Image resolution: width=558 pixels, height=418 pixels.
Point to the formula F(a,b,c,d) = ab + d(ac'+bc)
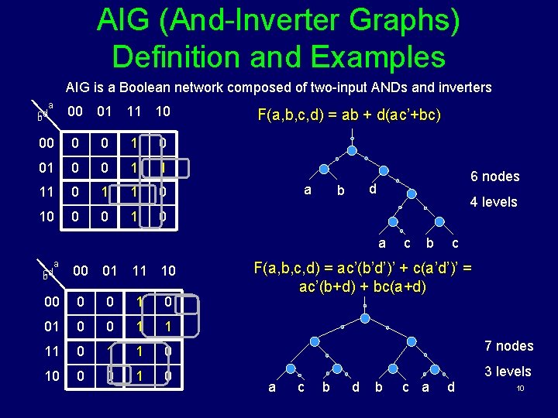[x=349, y=115]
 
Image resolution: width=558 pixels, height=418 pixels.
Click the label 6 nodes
[x=494, y=176]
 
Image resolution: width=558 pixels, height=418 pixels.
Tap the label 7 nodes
[x=508, y=345]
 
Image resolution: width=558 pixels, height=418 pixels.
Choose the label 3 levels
[x=508, y=372]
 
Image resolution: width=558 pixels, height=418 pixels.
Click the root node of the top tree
[x=352, y=139]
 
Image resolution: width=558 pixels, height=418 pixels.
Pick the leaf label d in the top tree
[x=373, y=189]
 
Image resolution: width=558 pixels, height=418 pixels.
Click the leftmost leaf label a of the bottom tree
[x=271, y=386]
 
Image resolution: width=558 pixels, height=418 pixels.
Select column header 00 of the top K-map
[x=75, y=112]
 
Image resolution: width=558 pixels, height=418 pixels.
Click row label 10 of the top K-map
[x=46, y=216]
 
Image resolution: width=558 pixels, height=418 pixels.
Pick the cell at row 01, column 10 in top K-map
[x=163, y=167]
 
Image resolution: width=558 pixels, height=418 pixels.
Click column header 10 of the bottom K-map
[x=167, y=271]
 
